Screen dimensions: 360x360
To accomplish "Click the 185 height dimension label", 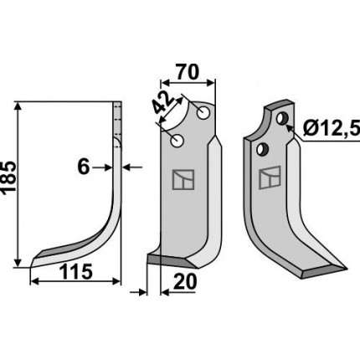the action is click(8, 177).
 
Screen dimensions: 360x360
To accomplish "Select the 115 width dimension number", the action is click(75, 272).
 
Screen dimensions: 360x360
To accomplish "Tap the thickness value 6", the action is click(84, 167).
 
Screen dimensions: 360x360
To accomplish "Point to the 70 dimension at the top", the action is click(187, 72).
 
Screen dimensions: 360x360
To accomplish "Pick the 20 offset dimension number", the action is click(185, 281).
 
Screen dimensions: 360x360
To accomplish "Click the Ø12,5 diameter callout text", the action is click(332, 128).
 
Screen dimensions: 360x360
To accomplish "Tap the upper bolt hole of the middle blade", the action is click(203, 113).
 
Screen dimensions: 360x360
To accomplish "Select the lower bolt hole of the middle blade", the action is click(177, 141).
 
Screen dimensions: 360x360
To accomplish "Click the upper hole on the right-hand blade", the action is click(282, 118).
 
